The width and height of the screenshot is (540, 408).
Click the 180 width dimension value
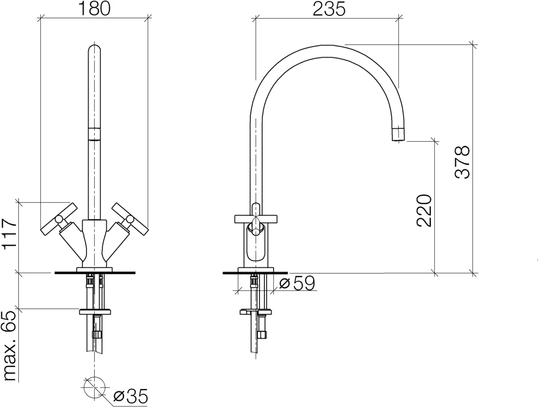point(94,9)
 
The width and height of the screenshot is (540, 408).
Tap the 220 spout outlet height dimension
point(424,210)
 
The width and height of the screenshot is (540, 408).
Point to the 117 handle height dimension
point(10,234)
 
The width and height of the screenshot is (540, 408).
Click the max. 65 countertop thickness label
point(10,346)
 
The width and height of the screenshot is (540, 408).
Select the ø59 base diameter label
point(297,283)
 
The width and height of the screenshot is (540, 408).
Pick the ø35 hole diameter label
point(130,396)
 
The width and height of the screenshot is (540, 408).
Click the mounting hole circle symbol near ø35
point(94,387)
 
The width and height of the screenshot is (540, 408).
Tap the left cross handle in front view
point(59,219)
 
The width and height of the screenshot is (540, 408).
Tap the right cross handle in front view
point(130,219)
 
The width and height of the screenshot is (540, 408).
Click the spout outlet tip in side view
point(398,134)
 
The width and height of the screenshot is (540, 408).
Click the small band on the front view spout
point(94,133)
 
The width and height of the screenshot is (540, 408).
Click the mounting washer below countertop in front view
point(95,311)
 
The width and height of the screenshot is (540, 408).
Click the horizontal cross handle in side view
point(256,219)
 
